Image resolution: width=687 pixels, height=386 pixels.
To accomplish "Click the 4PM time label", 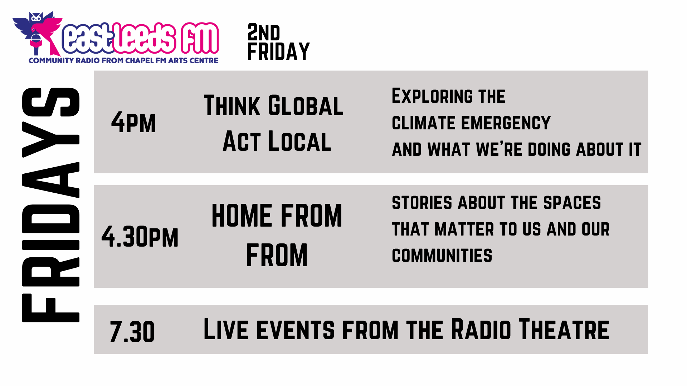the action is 133,122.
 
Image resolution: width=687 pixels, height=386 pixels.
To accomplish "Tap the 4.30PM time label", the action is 140,237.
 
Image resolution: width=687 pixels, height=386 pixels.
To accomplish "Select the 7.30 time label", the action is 132,332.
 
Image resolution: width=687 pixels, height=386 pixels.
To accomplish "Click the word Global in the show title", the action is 306,106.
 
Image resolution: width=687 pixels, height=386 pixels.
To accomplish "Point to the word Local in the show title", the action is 300,141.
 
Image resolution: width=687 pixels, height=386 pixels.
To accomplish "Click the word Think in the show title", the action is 232,106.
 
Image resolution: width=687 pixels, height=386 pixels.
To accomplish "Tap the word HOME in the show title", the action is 242,216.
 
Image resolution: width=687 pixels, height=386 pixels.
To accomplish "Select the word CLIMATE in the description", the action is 424,123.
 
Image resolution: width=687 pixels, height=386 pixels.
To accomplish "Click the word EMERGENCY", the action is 506,123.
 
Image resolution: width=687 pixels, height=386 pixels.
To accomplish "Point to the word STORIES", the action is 422,203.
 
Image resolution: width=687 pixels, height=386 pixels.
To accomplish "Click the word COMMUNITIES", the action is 442,256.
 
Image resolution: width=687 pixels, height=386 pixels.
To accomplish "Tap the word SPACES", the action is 572,203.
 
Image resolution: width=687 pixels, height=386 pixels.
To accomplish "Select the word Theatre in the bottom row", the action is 564,329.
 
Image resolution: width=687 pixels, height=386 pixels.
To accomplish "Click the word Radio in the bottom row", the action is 481,329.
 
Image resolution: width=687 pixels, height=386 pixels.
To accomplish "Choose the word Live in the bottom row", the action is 226,329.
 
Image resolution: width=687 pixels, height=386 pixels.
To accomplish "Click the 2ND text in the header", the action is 264,32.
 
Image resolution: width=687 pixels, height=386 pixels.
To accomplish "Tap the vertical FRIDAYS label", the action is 51,205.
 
